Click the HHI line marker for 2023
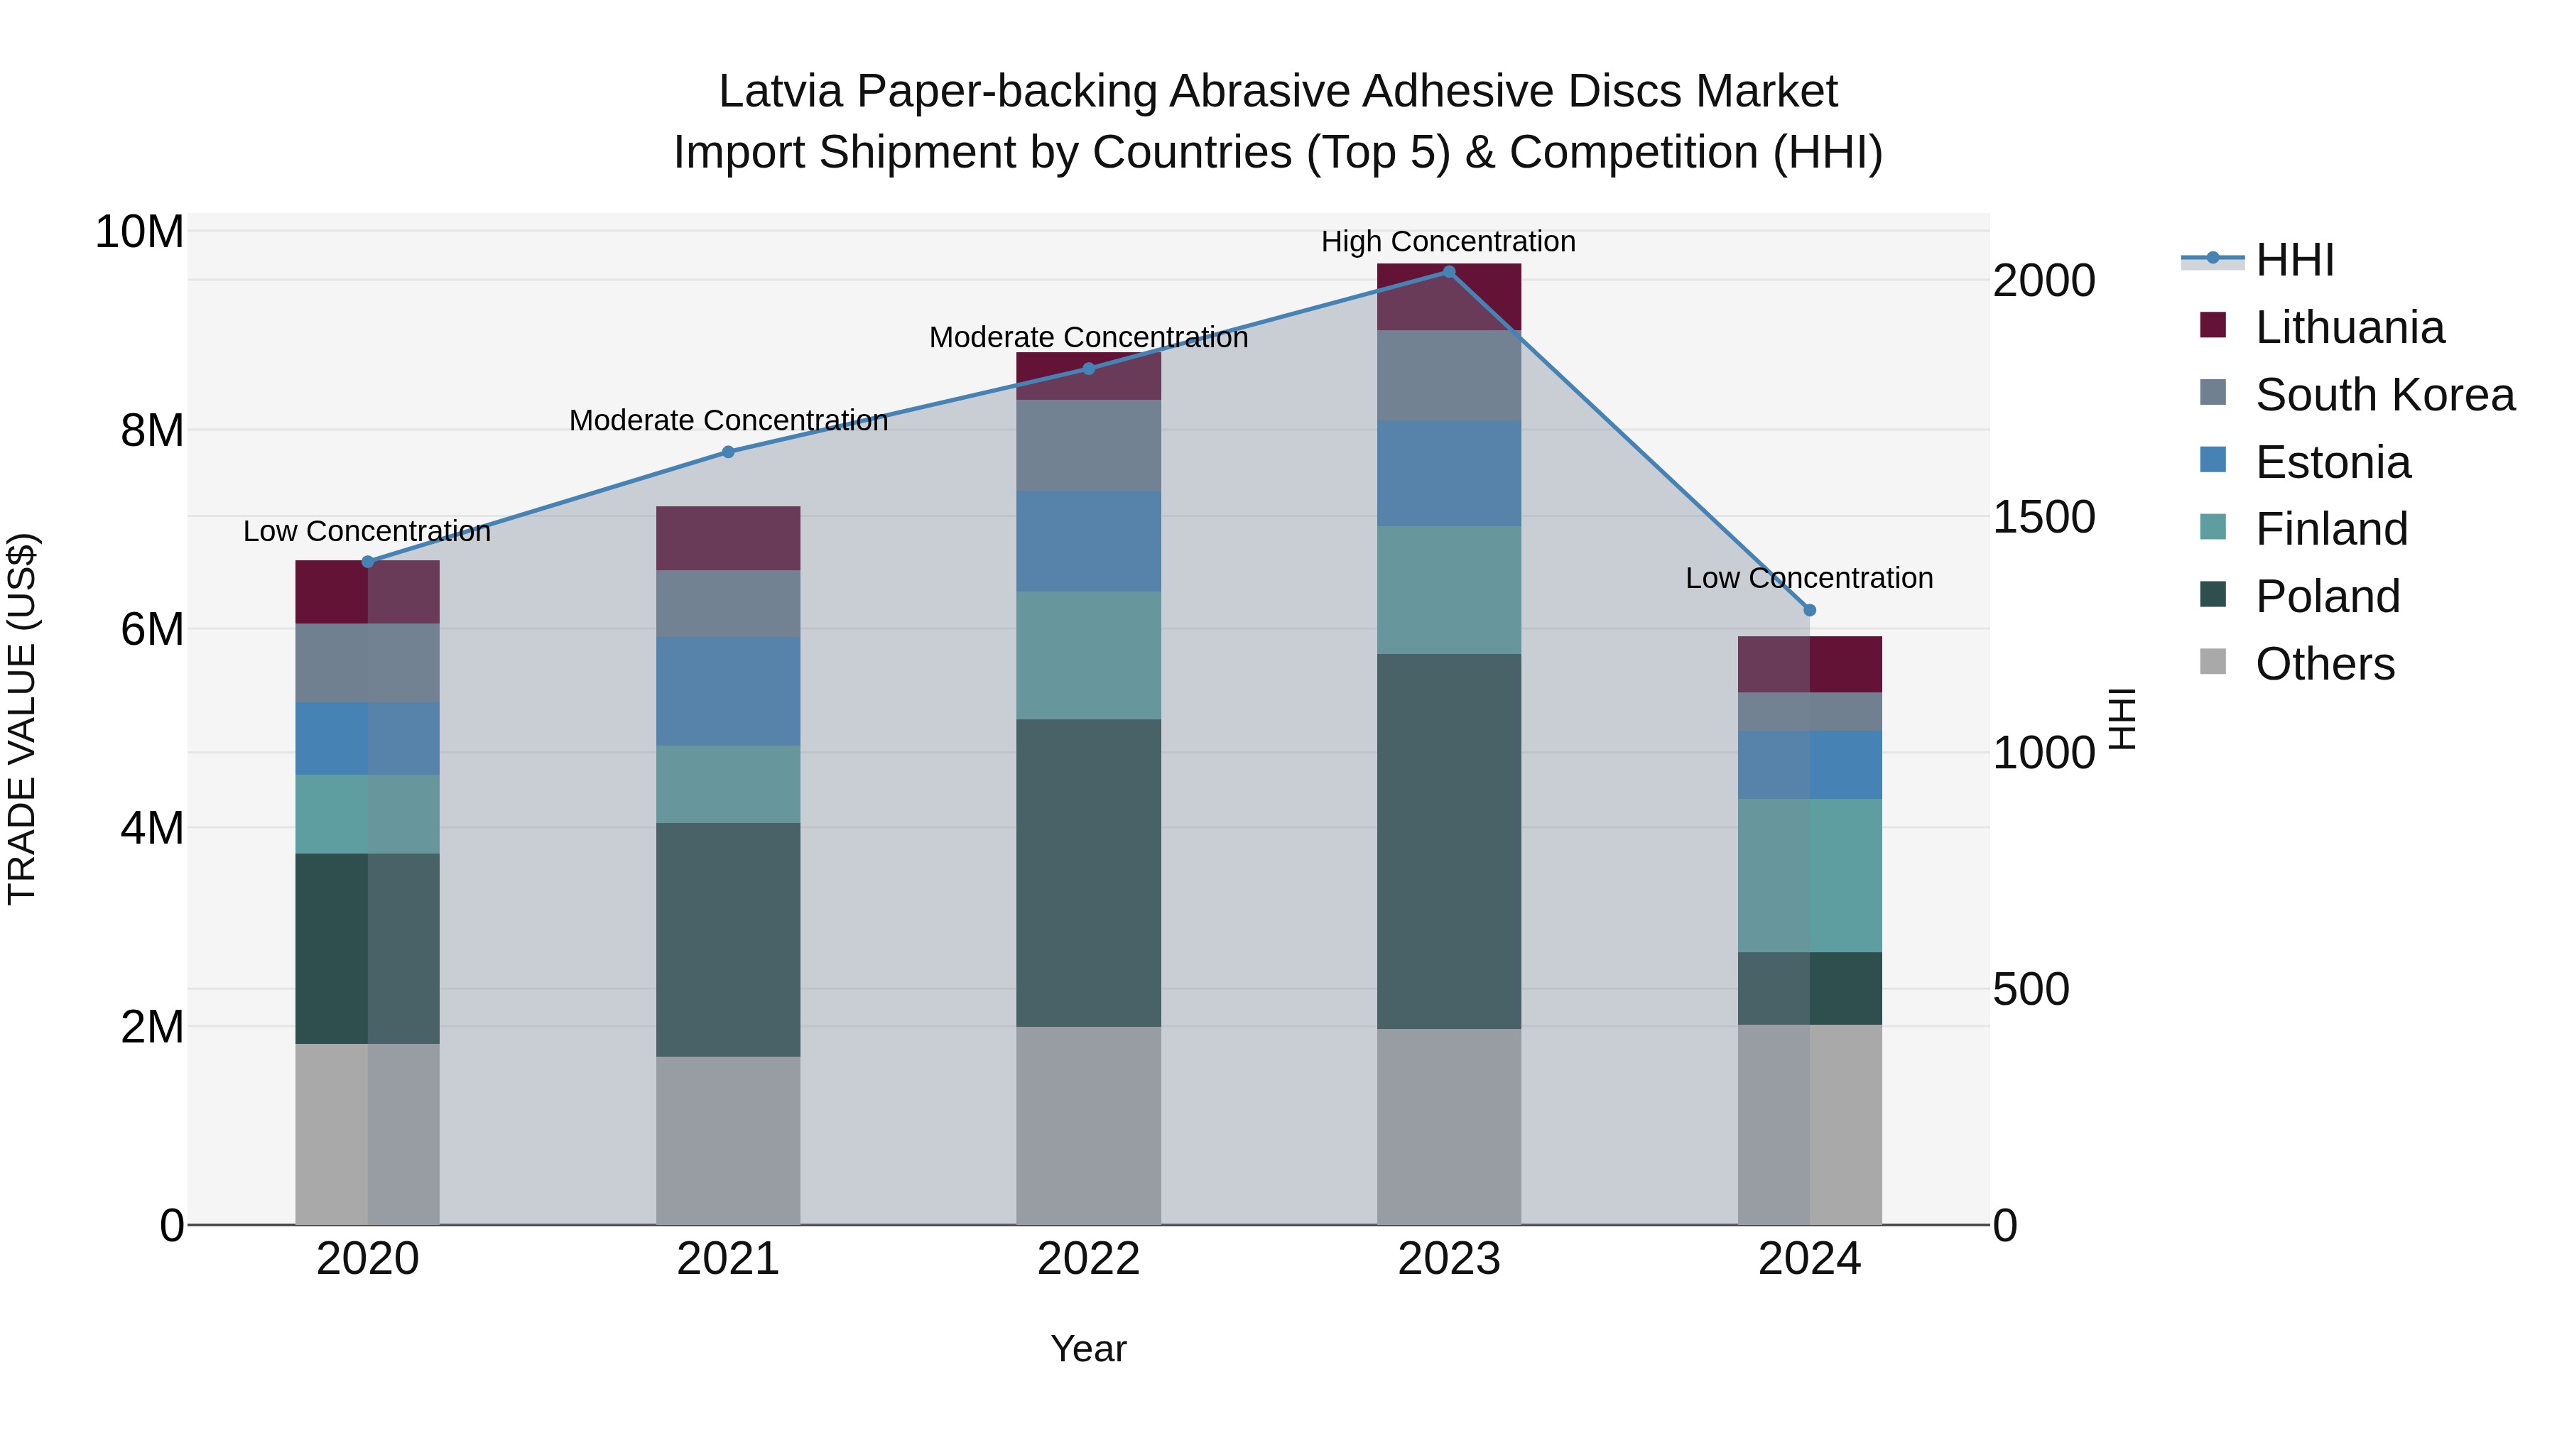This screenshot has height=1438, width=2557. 1448,272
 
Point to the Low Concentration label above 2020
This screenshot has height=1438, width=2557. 367,531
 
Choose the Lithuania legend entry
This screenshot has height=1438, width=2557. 2349,327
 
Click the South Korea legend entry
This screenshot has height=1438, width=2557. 2384,395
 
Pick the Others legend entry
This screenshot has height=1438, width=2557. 2324,664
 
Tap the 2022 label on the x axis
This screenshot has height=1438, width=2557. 1088,1259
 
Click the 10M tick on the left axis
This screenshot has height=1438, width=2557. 139,232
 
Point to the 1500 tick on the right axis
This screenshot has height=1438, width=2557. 2043,517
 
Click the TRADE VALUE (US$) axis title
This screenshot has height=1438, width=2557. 22,719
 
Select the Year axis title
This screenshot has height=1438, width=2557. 1088,1349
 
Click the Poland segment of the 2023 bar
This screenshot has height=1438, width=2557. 1448,841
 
